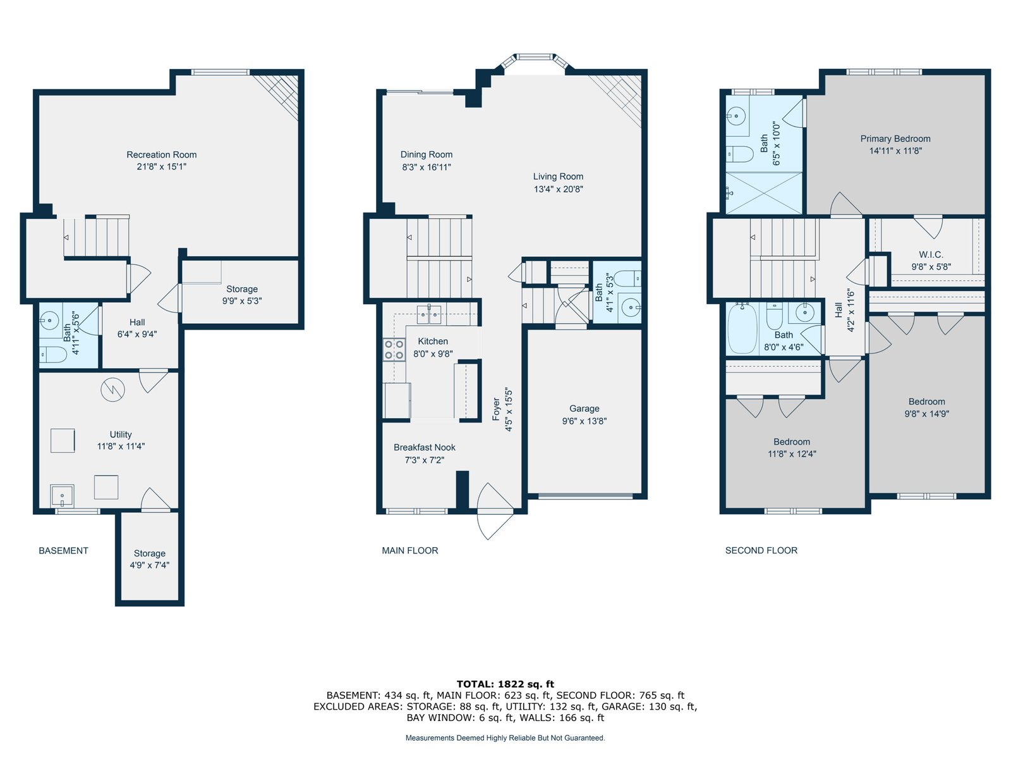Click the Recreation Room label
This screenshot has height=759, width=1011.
[x=161, y=154]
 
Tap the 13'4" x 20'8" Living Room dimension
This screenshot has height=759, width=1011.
[x=558, y=188]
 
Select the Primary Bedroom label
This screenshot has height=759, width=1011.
[x=895, y=139]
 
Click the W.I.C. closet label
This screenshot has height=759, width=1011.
[x=931, y=254]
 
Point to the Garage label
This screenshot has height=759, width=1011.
[x=584, y=409]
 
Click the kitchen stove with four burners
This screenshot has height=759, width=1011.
[x=394, y=349]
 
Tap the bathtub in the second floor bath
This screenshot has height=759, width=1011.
[x=742, y=328]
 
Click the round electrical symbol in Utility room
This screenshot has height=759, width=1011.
[x=112, y=390]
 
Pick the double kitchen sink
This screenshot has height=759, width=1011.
[x=429, y=314]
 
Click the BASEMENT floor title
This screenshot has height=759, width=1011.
[x=63, y=550]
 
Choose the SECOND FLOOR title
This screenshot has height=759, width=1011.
[x=761, y=550]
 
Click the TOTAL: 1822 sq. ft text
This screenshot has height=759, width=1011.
[x=505, y=684]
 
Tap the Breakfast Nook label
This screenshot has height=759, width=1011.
[x=424, y=447]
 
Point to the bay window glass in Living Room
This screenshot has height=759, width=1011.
[x=535, y=57]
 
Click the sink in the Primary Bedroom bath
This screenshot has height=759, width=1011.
[x=736, y=115]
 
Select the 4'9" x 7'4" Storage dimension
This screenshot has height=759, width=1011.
[x=149, y=565]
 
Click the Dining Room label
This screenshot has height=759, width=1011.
[x=426, y=154]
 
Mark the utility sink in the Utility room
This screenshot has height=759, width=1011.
[x=62, y=496]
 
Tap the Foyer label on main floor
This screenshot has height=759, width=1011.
[x=495, y=409]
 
